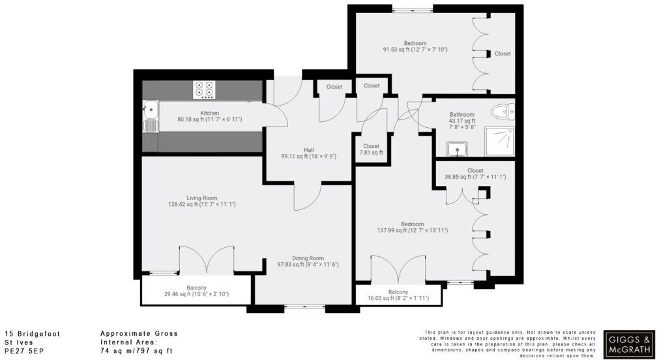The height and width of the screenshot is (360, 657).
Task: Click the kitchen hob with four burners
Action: [204, 89]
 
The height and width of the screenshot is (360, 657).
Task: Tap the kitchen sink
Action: [150, 117]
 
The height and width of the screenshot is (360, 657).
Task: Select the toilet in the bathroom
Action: [504, 112]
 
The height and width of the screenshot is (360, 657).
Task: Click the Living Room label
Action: [201, 198]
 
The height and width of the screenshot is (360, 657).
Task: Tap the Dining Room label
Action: [308, 258]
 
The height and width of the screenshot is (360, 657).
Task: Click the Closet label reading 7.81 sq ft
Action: [371, 153]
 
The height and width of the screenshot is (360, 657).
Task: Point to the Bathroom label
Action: [461, 114]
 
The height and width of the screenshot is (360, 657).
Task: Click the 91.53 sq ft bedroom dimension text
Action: [415, 49]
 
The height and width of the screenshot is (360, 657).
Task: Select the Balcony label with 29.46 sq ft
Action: [196, 295]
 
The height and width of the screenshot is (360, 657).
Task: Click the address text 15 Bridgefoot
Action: [32, 333]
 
